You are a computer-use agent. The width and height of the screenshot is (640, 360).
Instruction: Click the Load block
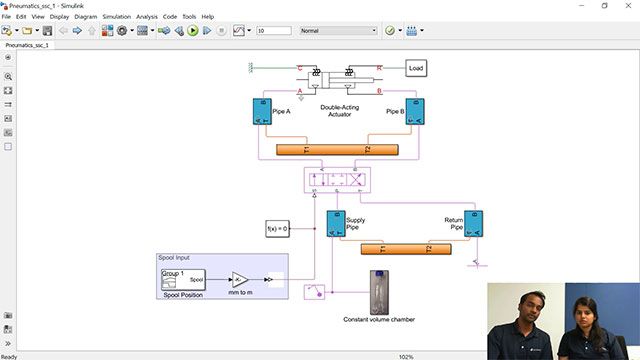point(416,68)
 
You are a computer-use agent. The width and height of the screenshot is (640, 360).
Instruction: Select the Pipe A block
point(262,111)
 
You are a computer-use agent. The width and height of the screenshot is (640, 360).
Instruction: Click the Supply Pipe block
point(336,223)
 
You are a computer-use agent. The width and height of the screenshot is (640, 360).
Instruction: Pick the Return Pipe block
point(474,223)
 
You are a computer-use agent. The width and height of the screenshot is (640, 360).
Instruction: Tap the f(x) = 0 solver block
point(277,229)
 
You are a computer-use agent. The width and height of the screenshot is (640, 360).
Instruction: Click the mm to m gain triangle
point(239,279)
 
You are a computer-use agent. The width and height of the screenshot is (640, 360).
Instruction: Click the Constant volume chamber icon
point(378,292)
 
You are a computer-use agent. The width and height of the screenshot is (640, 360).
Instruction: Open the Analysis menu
point(147,17)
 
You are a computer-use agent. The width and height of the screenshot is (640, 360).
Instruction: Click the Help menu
point(208,17)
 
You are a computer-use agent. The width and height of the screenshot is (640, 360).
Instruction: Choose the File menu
point(7,17)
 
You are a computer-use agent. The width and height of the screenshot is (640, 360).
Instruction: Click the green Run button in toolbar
point(192,31)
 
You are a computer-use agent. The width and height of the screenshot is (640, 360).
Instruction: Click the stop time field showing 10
point(274,31)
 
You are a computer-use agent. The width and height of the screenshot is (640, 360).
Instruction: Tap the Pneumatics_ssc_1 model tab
point(27,45)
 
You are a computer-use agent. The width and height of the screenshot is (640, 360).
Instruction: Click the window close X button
point(628,5)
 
